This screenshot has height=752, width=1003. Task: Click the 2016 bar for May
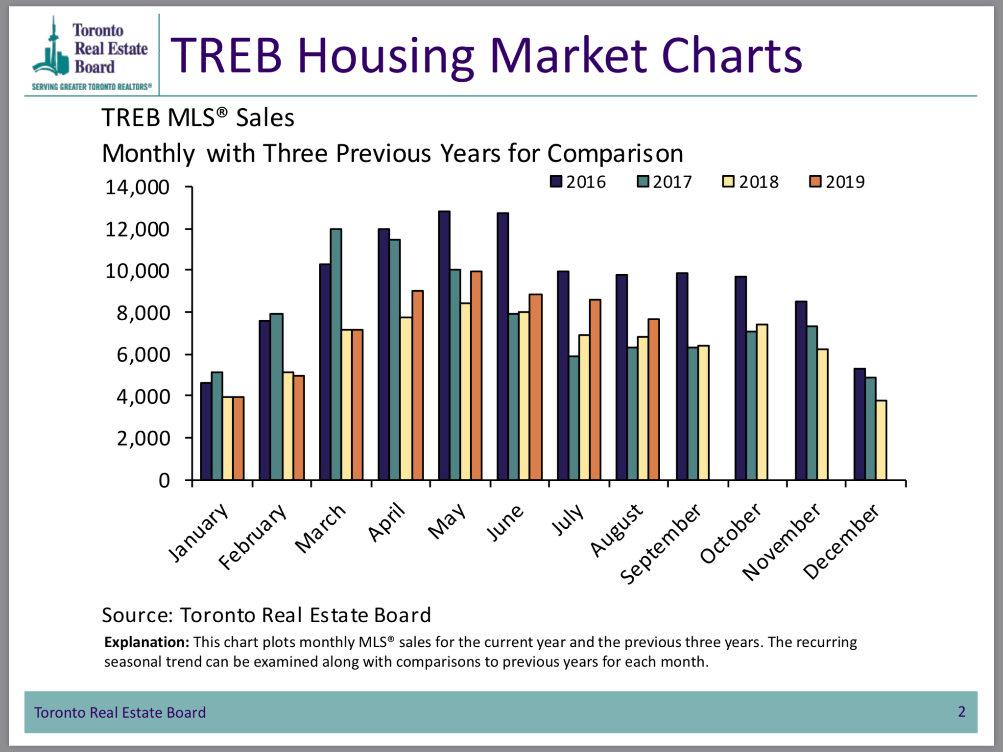coord(444,345)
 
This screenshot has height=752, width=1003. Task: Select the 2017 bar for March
coord(336,354)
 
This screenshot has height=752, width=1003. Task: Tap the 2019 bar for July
coord(595,389)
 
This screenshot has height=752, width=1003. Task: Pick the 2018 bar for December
coord(881,440)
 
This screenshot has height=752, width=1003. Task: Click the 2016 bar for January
coord(206,431)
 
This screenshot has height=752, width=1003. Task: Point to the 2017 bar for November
coord(812,402)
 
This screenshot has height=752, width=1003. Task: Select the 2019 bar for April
coord(417,385)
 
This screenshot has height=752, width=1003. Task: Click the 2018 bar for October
coord(762,401)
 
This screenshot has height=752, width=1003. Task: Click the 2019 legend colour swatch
coord(815,182)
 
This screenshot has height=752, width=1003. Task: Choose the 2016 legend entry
coord(578,182)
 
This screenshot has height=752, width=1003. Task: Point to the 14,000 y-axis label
coord(137,188)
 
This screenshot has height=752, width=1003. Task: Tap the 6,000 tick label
coord(143,354)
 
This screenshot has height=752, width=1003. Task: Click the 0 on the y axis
coord(164,480)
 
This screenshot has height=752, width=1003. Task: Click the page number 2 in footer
coord(961,711)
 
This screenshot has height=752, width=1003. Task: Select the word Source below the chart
coord(137,615)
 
